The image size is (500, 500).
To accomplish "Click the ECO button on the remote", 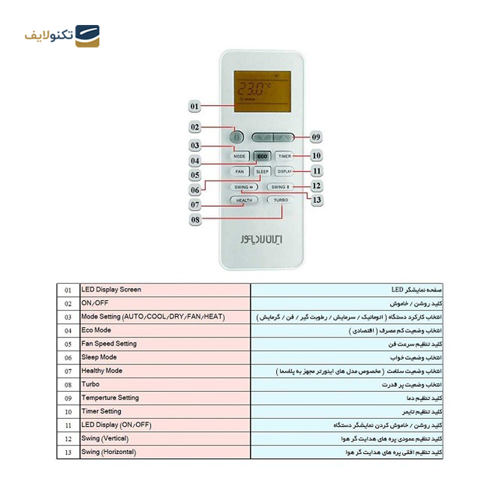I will (x=262, y=156).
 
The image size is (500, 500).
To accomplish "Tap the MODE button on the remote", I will (x=239, y=156).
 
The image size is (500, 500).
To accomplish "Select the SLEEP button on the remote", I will (x=262, y=171).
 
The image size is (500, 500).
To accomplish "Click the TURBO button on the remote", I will (x=280, y=200).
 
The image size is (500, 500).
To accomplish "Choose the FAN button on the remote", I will (x=239, y=171).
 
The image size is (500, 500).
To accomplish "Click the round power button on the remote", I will (x=236, y=137).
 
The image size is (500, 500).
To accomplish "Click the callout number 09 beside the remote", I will (x=316, y=137).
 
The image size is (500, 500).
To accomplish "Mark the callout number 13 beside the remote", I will (x=317, y=200).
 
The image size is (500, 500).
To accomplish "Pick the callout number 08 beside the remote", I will (x=196, y=219).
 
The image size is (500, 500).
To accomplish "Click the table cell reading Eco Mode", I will (x=165, y=330).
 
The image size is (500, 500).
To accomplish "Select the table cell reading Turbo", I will (x=165, y=384).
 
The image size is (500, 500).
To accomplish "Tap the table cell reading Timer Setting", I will (x=165, y=411).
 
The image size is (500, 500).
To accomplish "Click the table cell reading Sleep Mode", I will (x=165, y=357).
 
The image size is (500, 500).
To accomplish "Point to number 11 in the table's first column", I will (x=68, y=425).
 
